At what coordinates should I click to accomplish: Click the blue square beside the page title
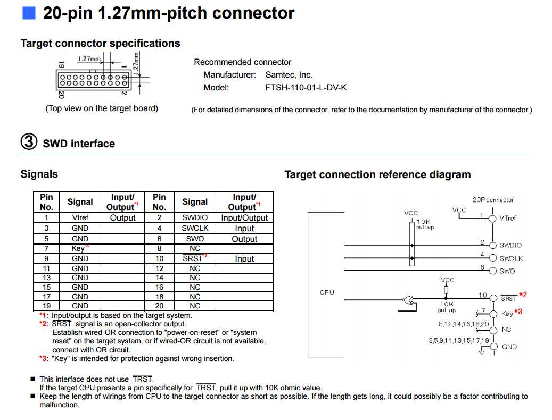point(29,13)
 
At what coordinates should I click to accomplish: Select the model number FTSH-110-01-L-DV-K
point(306,88)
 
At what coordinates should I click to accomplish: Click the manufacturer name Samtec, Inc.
point(289,75)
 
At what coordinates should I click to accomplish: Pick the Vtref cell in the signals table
point(80,217)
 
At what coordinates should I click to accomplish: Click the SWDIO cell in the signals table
point(195,217)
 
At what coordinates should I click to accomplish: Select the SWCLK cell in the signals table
point(195,228)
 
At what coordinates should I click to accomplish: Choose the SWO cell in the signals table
point(195,239)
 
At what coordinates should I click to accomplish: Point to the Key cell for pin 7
point(79,248)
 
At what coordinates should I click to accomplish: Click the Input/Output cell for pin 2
point(244,217)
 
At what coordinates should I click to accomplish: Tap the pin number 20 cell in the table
point(159,306)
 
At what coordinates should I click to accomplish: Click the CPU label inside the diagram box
point(327,292)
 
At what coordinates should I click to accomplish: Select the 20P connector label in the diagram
point(493,200)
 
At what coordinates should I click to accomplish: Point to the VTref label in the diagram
point(508,218)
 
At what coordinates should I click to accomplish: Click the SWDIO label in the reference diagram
point(510,246)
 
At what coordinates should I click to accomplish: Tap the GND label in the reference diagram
point(509,347)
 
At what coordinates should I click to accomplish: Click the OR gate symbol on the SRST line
point(409,301)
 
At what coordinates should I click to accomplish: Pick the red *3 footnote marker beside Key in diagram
point(518,312)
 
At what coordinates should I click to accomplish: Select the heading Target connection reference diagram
point(377,174)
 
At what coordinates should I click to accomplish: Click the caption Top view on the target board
point(102,108)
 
